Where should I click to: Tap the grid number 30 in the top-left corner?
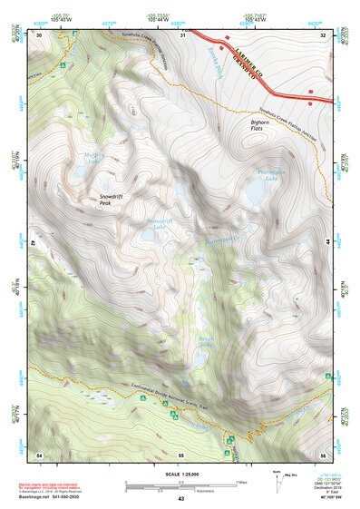coord(40,34)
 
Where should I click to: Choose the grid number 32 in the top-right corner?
coord(324,34)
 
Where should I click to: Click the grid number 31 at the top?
coord(182,34)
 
